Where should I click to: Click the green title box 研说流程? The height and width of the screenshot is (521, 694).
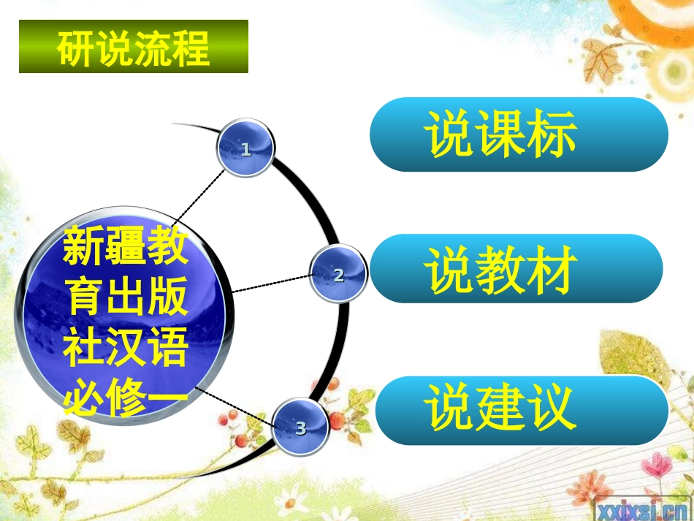tap(133, 47)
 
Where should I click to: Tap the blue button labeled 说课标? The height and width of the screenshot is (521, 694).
tap(519, 134)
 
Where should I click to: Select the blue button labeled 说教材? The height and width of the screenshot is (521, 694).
tap(516, 269)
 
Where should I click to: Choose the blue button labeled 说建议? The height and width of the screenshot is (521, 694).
tap(522, 410)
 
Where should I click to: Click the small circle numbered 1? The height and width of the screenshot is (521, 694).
tap(245, 149)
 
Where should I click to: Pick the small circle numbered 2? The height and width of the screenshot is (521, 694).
tap(338, 275)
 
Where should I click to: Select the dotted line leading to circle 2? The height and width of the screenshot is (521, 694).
tap(270, 284)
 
